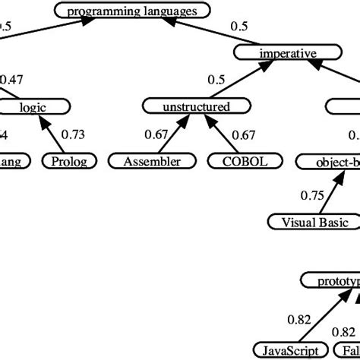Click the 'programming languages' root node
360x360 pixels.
click(131, 11)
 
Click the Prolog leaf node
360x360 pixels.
click(74, 161)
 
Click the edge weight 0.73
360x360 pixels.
click(72, 134)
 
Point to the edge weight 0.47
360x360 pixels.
click(11, 79)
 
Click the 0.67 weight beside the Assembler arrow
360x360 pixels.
click(156, 134)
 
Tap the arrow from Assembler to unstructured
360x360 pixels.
click(174, 135)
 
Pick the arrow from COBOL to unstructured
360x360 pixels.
click(218, 135)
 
